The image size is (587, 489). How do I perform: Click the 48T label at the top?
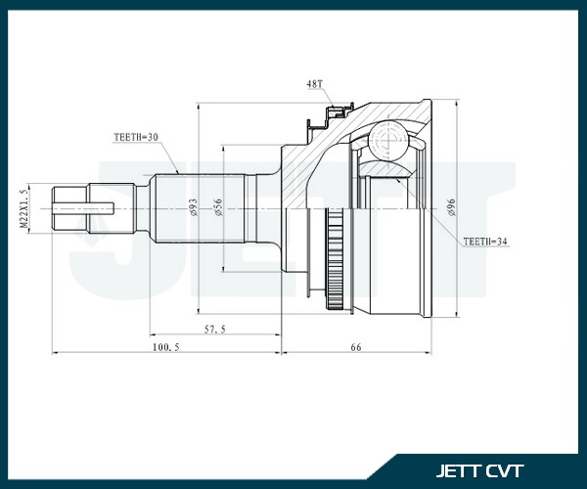(314, 86)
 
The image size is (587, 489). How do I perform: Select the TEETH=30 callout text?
(128, 138)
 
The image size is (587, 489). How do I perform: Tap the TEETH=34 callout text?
(486, 240)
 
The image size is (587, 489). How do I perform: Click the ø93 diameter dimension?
(192, 207)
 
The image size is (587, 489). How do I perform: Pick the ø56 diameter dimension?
(219, 207)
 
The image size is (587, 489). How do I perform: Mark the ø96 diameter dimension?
(451, 207)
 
